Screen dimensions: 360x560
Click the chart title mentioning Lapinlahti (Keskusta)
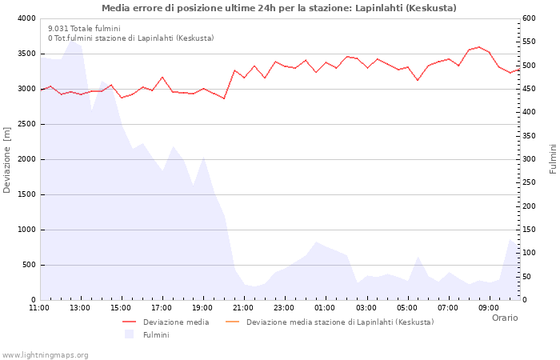click(279, 8)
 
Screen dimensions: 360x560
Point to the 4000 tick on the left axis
click(26, 18)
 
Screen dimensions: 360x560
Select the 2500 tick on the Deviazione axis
click(26, 124)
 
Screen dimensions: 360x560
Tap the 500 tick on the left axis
click(28, 265)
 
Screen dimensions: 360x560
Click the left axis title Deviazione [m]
click(8, 159)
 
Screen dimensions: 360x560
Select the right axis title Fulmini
click(553, 159)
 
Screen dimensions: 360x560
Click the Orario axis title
click(504, 318)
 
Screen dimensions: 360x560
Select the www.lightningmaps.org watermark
click(46, 354)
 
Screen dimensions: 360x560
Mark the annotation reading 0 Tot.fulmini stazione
click(130, 38)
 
